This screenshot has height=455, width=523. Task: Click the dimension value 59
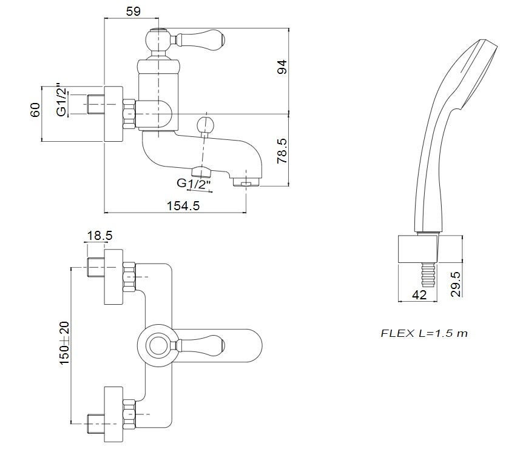point(135,10)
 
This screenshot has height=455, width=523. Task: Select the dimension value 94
point(280,67)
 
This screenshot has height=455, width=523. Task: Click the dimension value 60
point(35,110)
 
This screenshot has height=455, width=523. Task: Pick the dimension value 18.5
point(100,236)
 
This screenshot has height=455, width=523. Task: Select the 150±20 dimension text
point(64,342)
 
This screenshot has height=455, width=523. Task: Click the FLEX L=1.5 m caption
point(424,333)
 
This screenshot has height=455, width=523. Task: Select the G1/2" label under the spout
point(194,183)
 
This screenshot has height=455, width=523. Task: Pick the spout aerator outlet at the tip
point(246,181)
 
